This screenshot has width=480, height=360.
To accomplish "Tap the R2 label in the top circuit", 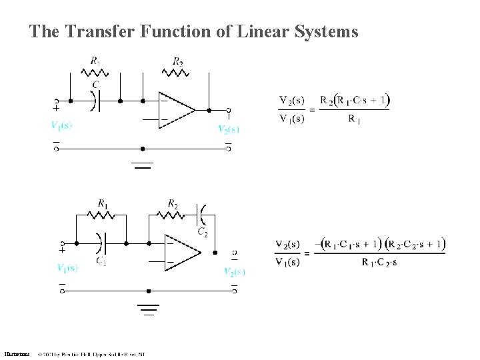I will (177, 62).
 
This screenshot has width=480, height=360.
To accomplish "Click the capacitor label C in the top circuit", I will (96, 84).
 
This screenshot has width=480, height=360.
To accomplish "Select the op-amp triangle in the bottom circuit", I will (181, 253).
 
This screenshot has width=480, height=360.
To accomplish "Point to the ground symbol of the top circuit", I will (143, 164).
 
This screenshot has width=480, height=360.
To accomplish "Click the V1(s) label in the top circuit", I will (61, 125).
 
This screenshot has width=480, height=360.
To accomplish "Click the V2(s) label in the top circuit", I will (228, 129).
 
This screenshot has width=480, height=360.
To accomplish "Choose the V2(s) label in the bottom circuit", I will (234, 271).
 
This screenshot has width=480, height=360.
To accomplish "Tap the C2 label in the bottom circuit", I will (202, 232).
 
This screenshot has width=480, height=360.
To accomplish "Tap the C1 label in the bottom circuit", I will (101, 261).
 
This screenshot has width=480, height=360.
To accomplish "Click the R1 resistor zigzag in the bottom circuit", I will (102, 215).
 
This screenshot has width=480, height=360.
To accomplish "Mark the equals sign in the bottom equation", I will (307, 253).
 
